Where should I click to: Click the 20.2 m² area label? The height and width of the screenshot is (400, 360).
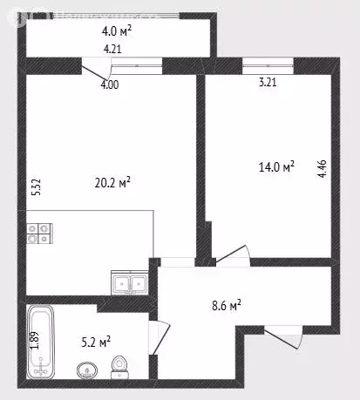click(112, 183)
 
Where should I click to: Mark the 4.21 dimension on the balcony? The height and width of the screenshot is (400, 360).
click(112, 49)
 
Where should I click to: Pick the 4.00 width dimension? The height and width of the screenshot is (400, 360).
click(111, 85)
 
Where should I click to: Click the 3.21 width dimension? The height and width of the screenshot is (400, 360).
click(268, 85)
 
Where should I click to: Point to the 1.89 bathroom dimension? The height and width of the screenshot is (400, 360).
click(35, 340)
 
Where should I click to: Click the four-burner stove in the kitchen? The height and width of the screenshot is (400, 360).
click(39, 233)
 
